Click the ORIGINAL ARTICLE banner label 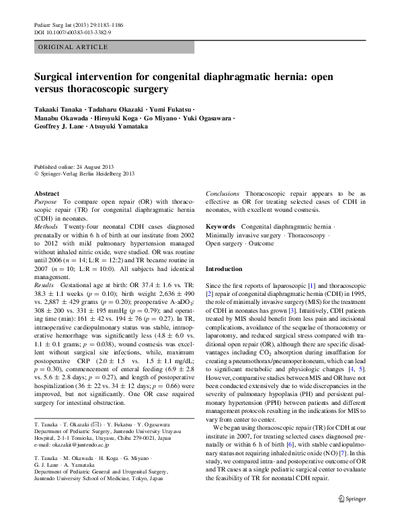[x=73, y=47]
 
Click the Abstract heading [x=46, y=193]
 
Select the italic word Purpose [x=45, y=201]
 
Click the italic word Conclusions [x=223, y=193]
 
